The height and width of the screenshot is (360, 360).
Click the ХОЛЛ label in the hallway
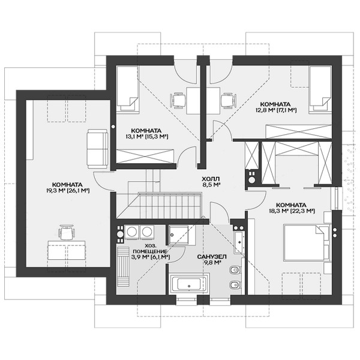[211, 179]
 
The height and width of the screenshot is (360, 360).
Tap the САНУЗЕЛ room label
[212, 256]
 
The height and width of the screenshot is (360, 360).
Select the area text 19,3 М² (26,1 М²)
[68, 190]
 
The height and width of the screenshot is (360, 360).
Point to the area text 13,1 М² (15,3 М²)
[146, 136]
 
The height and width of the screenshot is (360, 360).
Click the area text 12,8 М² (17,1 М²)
[276, 110]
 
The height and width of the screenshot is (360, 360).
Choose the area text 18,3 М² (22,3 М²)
[292, 211]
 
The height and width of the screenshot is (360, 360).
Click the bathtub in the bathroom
[189, 283]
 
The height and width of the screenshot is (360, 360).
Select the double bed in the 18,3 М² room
[307, 242]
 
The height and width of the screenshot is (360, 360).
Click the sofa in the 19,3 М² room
[97, 149]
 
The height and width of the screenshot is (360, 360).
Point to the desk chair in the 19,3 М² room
[67, 232]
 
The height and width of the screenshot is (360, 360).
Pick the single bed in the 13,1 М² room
[128, 88]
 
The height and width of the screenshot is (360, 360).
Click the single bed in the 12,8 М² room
[320, 89]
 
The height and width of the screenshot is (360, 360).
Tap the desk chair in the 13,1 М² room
[178, 100]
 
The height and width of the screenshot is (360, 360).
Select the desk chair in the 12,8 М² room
[228, 100]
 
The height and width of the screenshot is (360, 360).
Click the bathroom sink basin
[239, 242]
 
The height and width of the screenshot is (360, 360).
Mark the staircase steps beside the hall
[170, 206]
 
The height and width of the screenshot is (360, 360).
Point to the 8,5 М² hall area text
[211, 184]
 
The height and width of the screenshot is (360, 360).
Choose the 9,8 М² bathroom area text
[212, 262]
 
